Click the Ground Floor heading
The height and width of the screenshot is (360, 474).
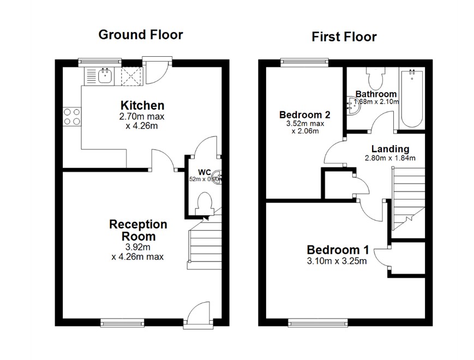pos(140,35)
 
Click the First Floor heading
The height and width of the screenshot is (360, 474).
pos(344,37)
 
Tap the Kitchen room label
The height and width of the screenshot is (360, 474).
pos(142,105)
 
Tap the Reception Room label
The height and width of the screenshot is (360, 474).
pos(138,230)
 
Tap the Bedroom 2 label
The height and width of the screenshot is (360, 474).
pos(304,115)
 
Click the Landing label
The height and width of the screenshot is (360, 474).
pos(390,149)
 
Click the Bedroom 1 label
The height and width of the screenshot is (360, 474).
pos(338,250)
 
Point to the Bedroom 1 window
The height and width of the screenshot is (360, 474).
pos(317,323)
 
